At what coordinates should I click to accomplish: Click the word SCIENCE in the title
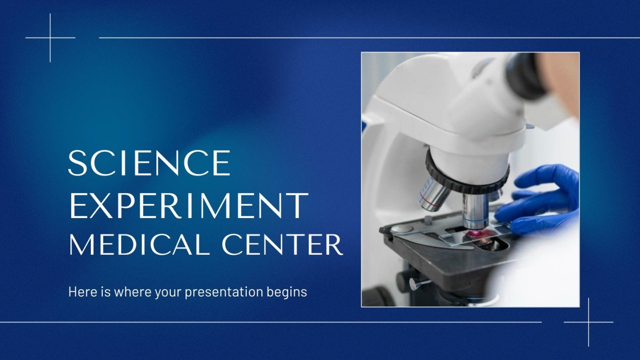click(x=149, y=163)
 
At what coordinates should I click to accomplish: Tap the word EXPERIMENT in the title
click(x=188, y=205)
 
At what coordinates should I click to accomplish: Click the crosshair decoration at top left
click(x=50, y=37)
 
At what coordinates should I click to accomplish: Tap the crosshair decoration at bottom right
click(x=589, y=322)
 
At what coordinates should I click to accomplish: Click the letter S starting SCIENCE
click(x=77, y=163)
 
